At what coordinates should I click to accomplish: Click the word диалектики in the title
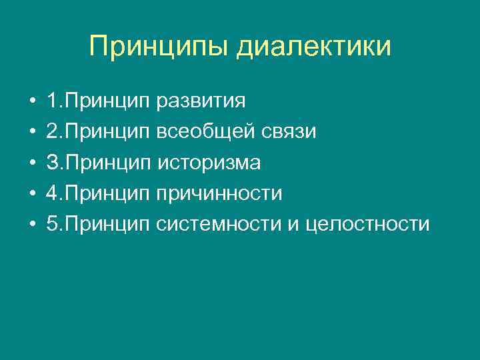[x=313, y=47]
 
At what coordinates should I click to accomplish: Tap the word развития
[x=201, y=102]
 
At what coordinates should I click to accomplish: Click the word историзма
[x=209, y=163]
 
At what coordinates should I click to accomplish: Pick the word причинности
[x=219, y=193]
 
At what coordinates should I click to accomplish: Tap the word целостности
[x=367, y=224]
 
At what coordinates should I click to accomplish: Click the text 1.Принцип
[x=99, y=102]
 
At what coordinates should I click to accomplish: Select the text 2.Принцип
[x=99, y=132]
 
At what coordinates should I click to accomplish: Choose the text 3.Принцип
[x=99, y=163]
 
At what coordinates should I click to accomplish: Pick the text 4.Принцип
[x=99, y=193]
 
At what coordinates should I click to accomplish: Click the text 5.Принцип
[x=99, y=224]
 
